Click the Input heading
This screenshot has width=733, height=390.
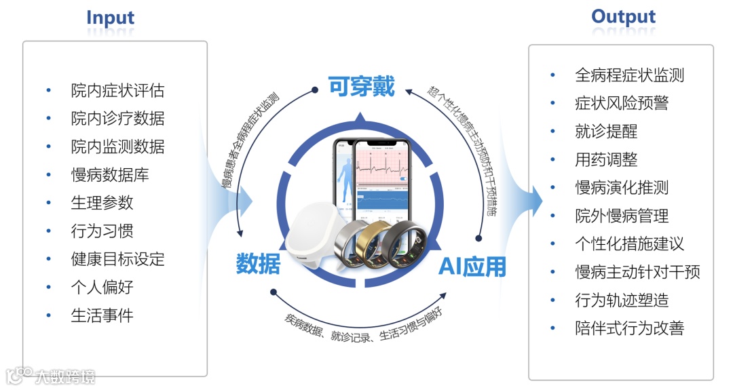click(x=110, y=18)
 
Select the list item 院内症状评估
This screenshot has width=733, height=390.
click(x=117, y=90)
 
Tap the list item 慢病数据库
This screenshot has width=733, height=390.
click(x=109, y=175)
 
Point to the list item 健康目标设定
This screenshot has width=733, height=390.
click(x=117, y=259)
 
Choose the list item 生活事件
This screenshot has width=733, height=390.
click(x=102, y=315)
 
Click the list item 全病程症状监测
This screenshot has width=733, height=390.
click(x=629, y=75)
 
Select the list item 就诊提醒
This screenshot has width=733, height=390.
click(x=605, y=131)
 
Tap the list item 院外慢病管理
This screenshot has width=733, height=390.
click(x=621, y=216)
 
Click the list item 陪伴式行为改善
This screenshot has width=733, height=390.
click(x=629, y=328)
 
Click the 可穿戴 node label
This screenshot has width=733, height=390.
click(x=361, y=87)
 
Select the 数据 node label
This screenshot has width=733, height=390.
click(x=258, y=264)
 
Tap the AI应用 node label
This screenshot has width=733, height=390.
click(x=472, y=267)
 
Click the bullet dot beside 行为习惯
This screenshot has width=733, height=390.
click(x=48, y=231)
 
